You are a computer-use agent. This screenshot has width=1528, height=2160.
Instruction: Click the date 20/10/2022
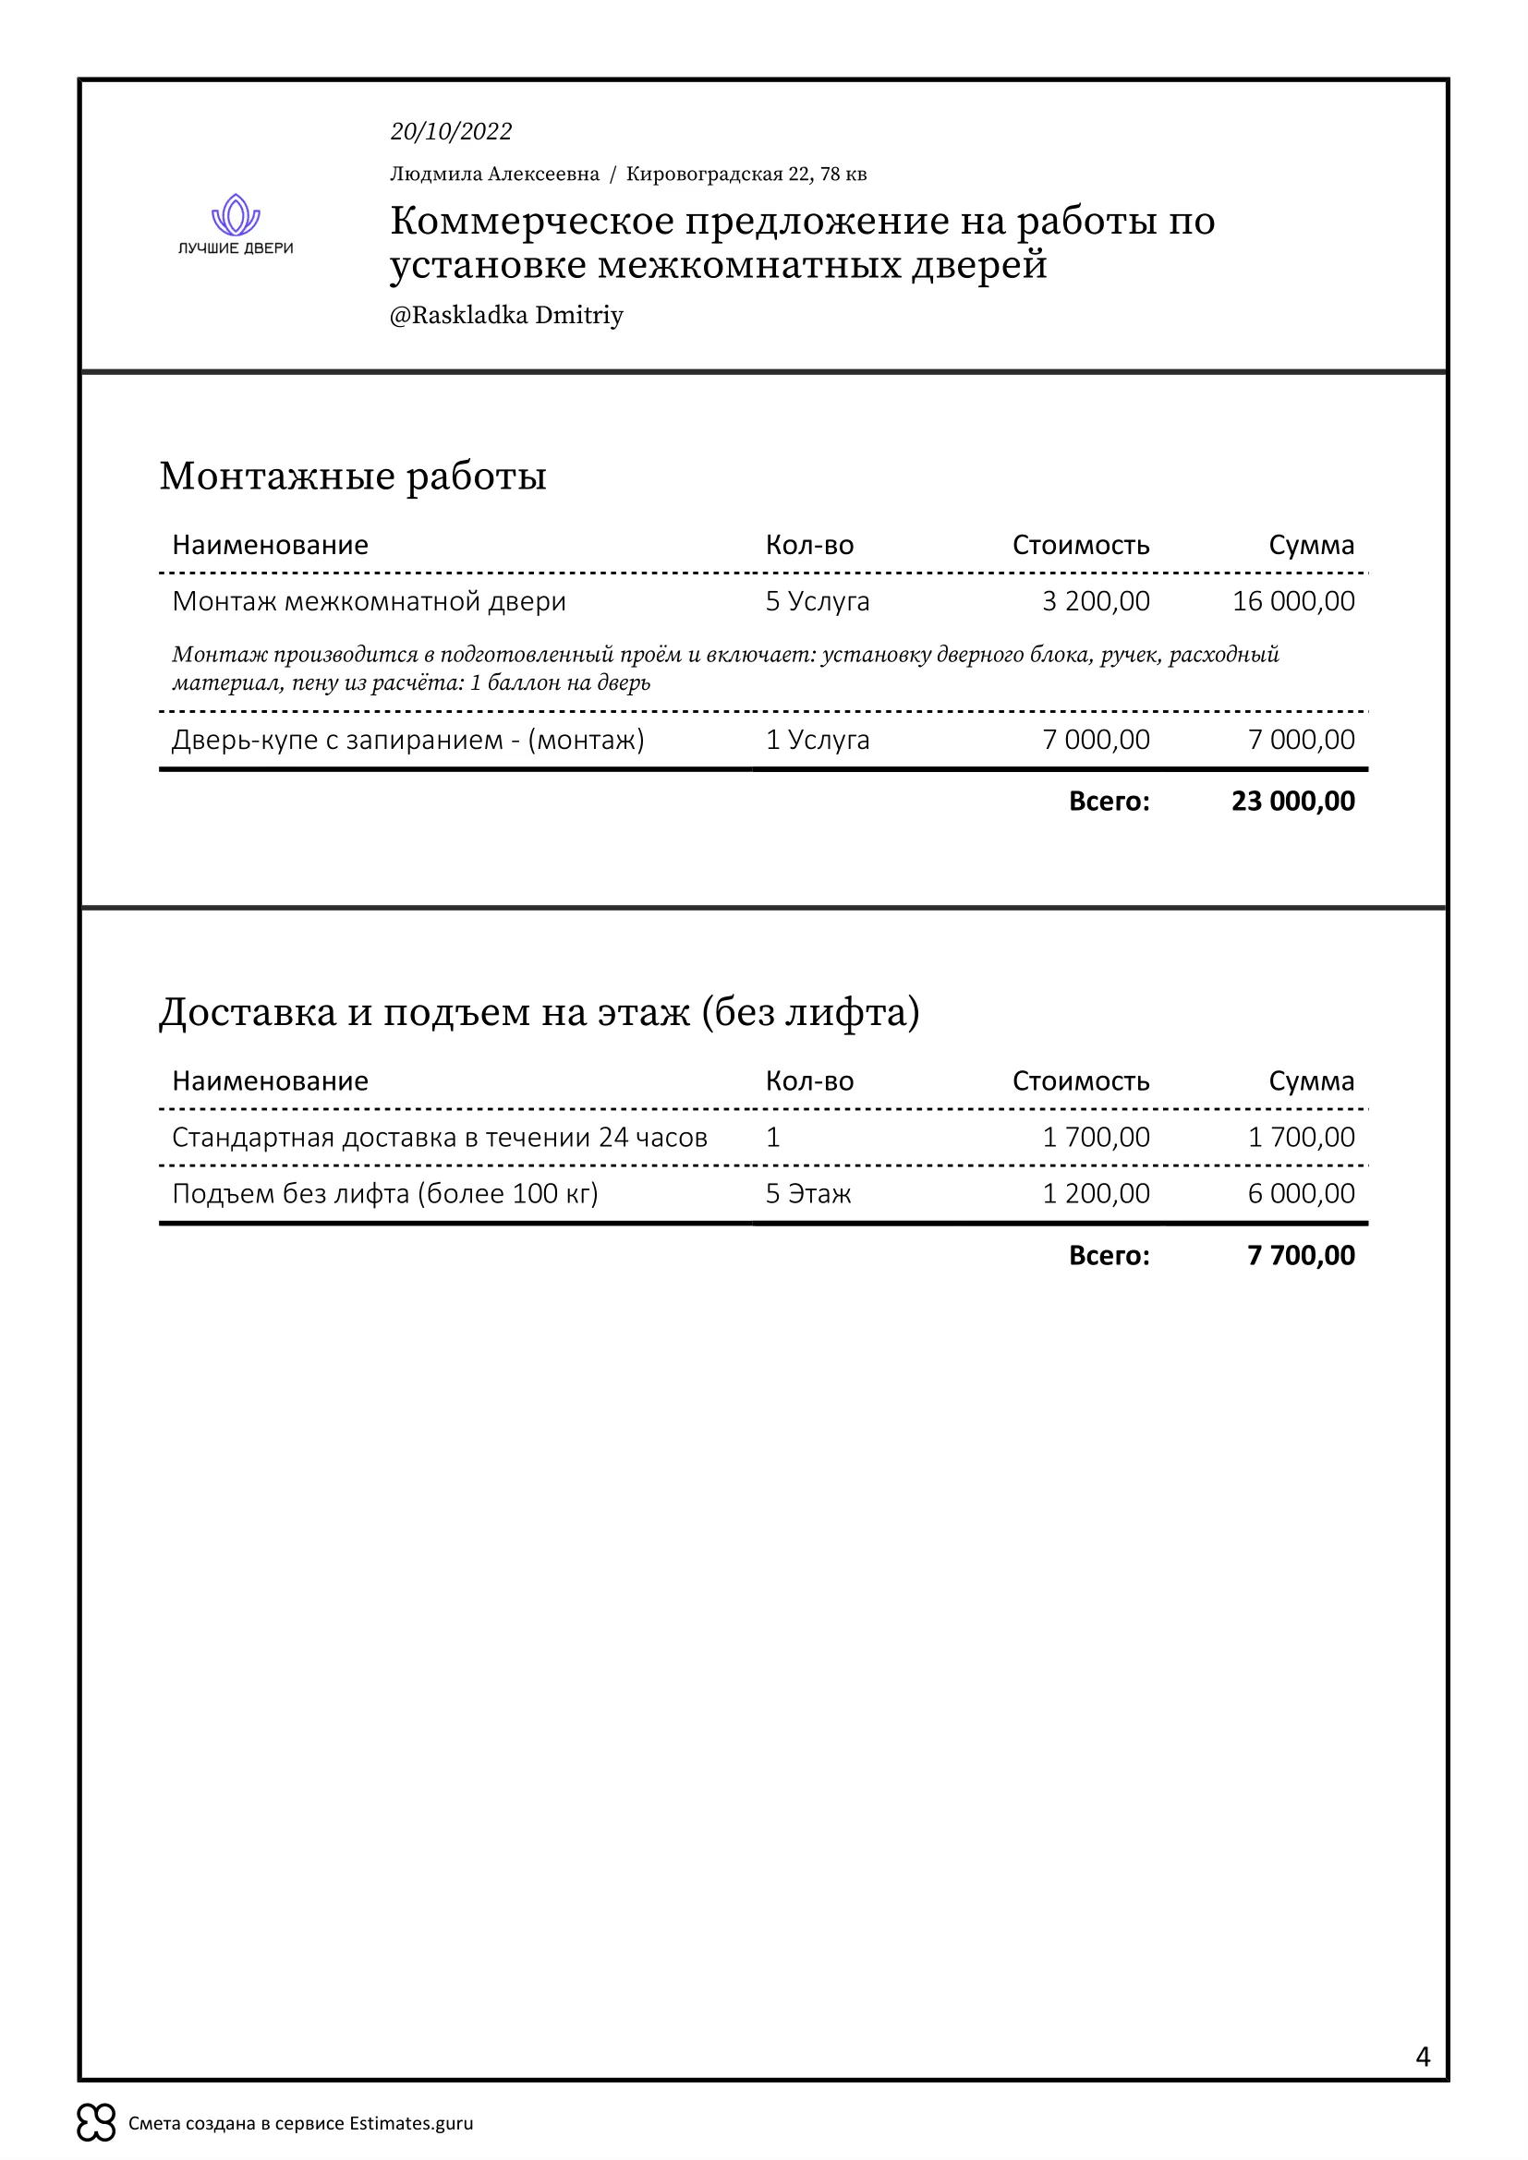[451, 131]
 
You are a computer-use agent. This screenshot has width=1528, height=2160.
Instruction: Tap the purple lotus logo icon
[236, 214]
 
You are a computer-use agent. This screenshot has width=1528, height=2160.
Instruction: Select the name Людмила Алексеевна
[494, 174]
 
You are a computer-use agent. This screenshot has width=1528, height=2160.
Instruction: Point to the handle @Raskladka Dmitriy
[506, 314]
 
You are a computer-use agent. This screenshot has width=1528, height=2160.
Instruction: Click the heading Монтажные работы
[353, 475]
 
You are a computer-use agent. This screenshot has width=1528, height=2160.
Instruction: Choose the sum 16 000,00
[1292, 601]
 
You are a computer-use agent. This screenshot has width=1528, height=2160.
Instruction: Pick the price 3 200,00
[1096, 601]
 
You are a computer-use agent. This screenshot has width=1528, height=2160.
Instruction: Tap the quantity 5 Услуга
[817, 601]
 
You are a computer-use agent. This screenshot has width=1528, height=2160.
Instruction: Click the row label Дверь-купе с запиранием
[407, 740]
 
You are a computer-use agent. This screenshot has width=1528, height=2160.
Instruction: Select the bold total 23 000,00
[1292, 801]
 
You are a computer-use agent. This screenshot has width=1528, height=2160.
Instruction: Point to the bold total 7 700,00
[1301, 1255]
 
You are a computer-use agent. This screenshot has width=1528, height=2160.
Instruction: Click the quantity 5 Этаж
[807, 1193]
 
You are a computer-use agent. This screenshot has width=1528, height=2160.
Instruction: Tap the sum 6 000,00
[1301, 1193]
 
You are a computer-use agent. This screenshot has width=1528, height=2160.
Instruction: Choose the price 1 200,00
[1096, 1193]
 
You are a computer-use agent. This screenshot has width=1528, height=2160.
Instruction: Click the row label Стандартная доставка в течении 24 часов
[440, 1138]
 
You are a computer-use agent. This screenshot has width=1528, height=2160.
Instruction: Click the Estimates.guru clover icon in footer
[96, 2122]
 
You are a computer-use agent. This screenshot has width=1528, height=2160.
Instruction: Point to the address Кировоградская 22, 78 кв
[746, 174]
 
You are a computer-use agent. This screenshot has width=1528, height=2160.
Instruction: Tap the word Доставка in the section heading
[248, 1012]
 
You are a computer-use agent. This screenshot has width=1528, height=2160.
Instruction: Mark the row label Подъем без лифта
[385, 1193]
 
